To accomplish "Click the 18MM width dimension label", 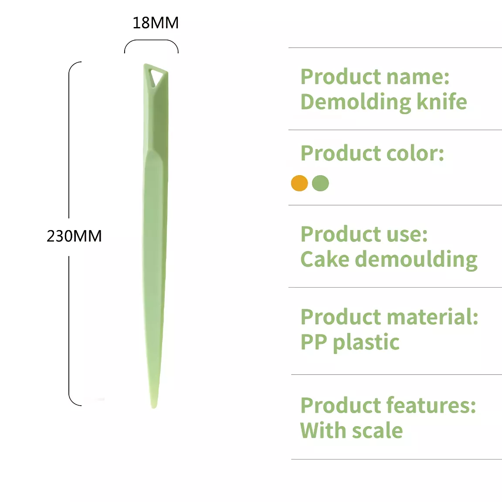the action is pos(156,23).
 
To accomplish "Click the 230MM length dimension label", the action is pos(74,236).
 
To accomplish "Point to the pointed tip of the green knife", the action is pos(154,407).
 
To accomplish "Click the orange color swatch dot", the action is pos(299,183).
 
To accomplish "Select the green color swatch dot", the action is pos(320,183).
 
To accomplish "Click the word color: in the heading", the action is pos(415,153).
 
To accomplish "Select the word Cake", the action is pos(325,259).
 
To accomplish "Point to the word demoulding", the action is pos(416,260).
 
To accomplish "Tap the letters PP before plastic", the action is pos(314,342).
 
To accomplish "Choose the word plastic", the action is pos(366,343).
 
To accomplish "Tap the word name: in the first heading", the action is pos(418,77).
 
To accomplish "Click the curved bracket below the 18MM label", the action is pos(152,41).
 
